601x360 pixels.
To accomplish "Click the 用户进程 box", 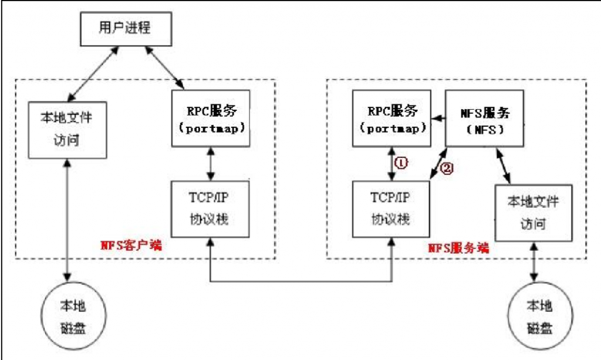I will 126,29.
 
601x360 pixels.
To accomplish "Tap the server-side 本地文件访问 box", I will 534,212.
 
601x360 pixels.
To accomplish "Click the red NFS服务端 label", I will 458,248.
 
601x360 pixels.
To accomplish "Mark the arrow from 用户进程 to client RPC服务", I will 167,69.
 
